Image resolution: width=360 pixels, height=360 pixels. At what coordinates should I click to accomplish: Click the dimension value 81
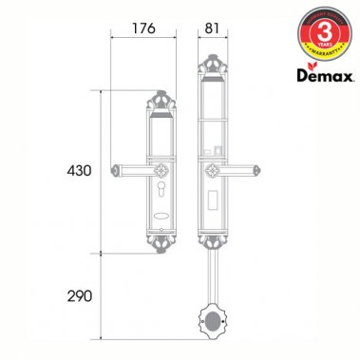212,28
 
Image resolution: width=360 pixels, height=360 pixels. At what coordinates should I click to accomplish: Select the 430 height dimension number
80,171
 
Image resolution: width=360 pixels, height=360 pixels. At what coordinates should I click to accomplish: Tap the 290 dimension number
80,296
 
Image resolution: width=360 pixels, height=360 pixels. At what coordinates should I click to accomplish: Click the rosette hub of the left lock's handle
158,171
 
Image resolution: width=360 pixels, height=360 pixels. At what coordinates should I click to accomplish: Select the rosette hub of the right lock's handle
212,171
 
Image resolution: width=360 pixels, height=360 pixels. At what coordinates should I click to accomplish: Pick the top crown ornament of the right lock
212,66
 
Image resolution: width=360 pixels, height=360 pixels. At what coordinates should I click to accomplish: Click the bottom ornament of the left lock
158,246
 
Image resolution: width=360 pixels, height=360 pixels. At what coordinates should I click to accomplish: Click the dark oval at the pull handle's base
213,323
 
